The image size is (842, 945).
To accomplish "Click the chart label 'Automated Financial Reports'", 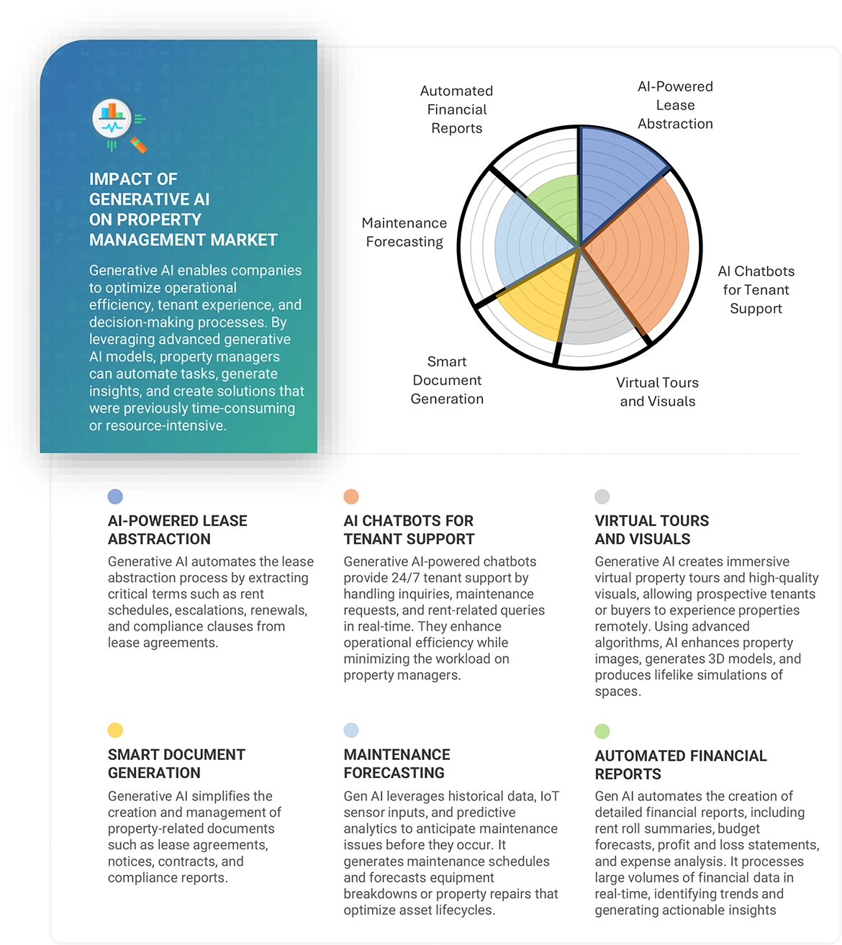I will point(457,109).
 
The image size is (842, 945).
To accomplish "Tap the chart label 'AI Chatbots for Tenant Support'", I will point(756,290).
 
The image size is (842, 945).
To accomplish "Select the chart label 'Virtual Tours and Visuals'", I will point(657,392).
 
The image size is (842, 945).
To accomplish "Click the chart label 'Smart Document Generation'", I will point(447,380).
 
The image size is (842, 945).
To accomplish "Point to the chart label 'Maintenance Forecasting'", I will point(404,232).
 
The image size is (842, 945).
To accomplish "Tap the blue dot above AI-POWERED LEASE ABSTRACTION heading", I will point(115,497).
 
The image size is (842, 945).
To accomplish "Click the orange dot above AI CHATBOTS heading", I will point(351,497).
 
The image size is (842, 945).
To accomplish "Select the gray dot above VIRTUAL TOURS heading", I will point(602,497).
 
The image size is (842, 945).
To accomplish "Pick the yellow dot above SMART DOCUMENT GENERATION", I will point(115,731).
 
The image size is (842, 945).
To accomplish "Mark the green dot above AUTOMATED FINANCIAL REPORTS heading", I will point(602,731).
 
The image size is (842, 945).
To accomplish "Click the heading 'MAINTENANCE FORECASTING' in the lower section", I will point(397,764).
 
